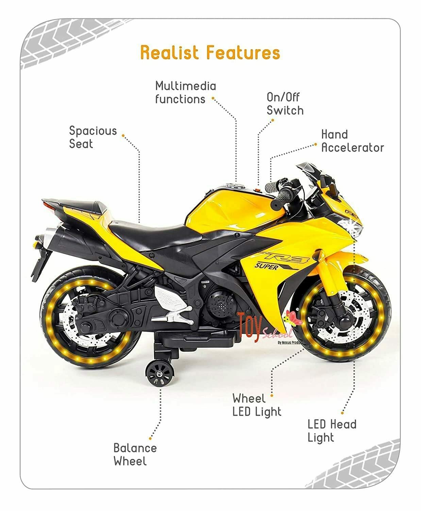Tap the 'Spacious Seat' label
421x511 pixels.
pyautogui.click(x=92, y=137)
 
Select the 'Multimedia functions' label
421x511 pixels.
pyautogui.click(x=185, y=92)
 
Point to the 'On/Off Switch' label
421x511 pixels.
pyautogui.click(x=285, y=104)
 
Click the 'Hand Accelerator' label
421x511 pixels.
pyautogui.click(x=352, y=141)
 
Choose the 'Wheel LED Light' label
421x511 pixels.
pyautogui.click(x=257, y=405)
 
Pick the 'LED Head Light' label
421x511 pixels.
pyautogui.click(x=332, y=431)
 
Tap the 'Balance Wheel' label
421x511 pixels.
pyautogui.click(x=135, y=454)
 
